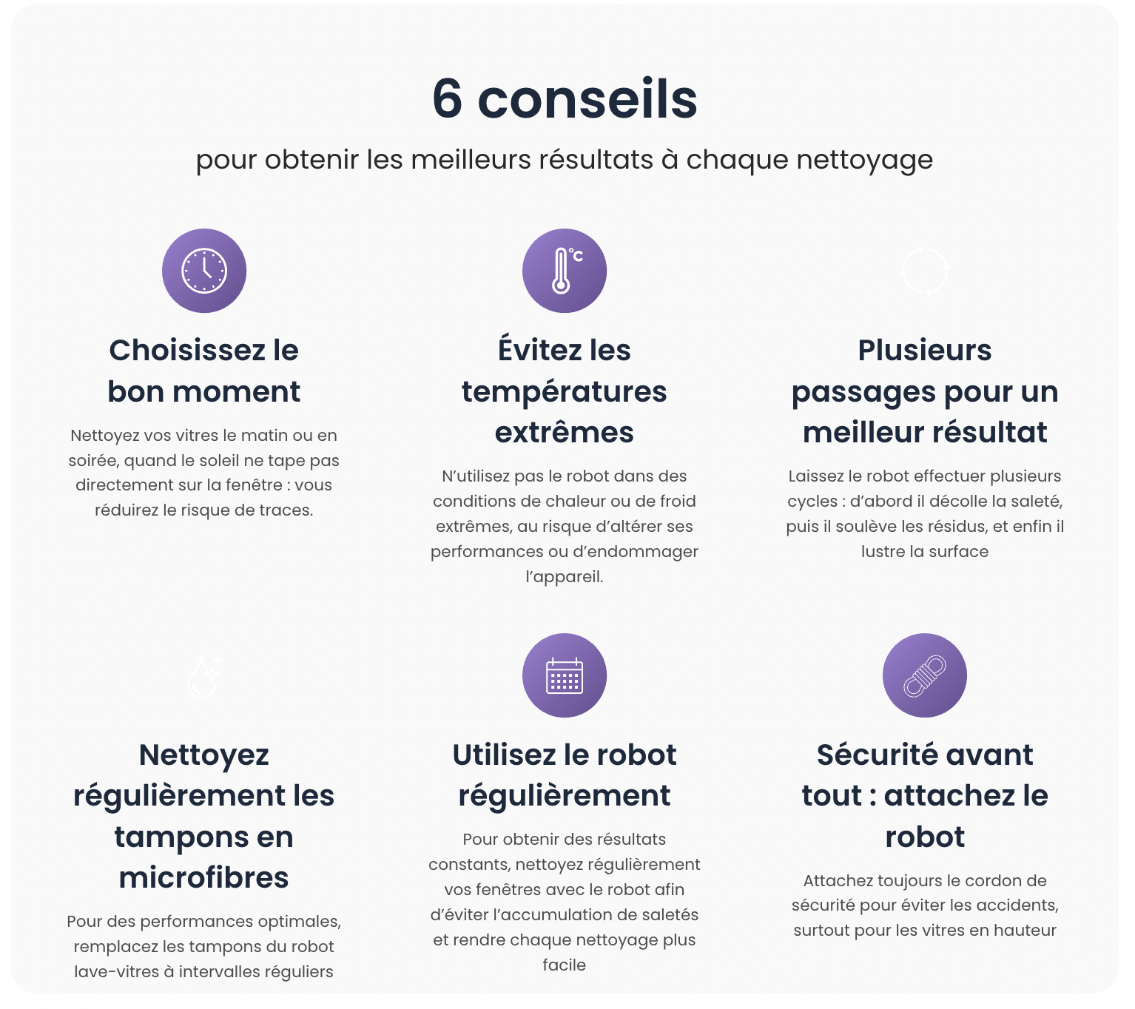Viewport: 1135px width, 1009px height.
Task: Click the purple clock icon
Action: [x=204, y=271]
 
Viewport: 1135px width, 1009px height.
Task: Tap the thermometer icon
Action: [x=564, y=271]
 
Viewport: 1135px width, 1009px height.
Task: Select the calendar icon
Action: [x=564, y=675]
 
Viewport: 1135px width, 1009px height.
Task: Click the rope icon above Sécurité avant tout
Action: [x=924, y=675]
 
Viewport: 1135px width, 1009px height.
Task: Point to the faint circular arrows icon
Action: [x=924, y=271]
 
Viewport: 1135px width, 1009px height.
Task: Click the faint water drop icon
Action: [x=204, y=676]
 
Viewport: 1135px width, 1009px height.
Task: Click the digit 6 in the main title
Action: [x=448, y=99]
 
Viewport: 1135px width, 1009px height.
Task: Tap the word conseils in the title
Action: [x=587, y=99]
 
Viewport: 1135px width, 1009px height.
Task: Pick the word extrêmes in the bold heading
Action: [x=564, y=432]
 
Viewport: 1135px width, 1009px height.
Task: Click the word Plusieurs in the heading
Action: [x=925, y=351]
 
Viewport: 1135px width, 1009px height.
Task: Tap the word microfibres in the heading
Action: [x=204, y=878]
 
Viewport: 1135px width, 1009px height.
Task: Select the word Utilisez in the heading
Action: [x=503, y=755]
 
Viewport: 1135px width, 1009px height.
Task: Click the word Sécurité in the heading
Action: [x=866, y=755]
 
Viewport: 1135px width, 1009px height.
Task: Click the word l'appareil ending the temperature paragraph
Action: [x=564, y=577]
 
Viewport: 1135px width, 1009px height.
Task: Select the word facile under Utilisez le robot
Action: [x=564, y=965]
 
